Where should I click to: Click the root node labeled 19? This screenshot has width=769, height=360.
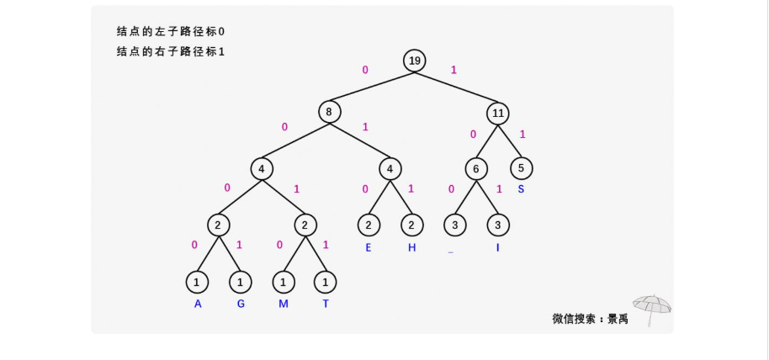click(x=414, y=61)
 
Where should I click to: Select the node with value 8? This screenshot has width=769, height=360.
click(x=330, y=112)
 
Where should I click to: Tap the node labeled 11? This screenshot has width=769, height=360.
click(x=498, y=112)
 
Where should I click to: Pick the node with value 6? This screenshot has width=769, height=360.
click(x=476, y=168)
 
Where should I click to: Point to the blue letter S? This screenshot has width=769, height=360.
click(x=521, y=189)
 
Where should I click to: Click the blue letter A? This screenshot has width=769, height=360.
click(x=198, y=304)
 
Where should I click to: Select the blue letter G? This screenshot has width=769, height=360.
click(x=241, y=304)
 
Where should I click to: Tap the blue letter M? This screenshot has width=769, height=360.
click(x=284, y=304)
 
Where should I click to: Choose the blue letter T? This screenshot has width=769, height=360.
click(x=326, y=304)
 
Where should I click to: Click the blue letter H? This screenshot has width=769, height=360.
click(x=411, y=247)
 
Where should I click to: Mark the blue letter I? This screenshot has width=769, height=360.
click(x=498, y=247)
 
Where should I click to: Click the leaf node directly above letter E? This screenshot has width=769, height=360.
click(x=369, y=225)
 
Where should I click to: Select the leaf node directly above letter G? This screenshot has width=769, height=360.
click(x=241, y=282)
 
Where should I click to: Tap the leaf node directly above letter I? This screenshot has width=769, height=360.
click(x=498, y=225)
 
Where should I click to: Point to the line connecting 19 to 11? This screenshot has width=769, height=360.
click(x=456, y=87)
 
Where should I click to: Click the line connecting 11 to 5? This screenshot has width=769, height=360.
click(x=510, y=140)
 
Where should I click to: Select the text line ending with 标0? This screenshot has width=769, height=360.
click(x=171, y=31)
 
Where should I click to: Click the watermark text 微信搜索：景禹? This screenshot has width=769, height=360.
click(x=590, y=319)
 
